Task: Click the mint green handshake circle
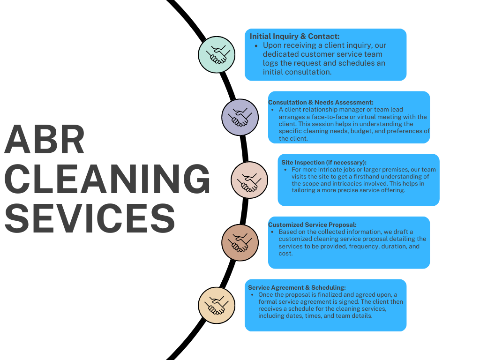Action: click(216, 55)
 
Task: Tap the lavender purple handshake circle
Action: click(240, 117)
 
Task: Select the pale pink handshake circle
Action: click(249, 180)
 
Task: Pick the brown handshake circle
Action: click(240, 242)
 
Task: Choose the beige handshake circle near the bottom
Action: click(216, 305)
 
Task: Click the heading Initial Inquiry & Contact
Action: click(294, 36)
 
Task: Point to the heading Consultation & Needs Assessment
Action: click(321, 102)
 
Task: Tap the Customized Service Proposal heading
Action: click(312, 225)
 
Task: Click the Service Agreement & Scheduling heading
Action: click(297, 287)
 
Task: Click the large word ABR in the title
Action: click(45, 140)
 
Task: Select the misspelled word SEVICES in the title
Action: click(89, 218)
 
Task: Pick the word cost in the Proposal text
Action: click(285, 253)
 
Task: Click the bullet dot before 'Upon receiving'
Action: click(256, 46)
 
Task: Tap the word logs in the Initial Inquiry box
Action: click(270, 63)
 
